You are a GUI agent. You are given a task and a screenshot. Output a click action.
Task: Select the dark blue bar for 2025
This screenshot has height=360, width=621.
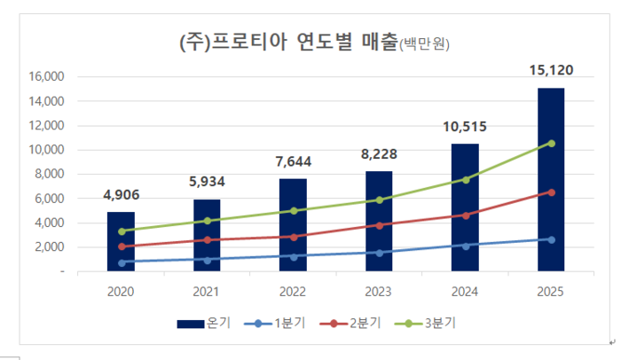(550, 177)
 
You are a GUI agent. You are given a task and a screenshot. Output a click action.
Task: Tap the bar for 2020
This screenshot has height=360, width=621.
(122, 239)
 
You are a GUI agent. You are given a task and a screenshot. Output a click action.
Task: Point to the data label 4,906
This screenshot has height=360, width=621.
(122, 195)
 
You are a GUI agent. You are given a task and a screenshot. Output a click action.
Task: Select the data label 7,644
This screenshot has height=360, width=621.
(294, 161)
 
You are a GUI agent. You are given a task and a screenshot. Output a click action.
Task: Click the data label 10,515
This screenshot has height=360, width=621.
(465, 127)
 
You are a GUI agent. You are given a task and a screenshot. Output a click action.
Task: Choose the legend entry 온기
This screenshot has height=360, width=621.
(204, 323)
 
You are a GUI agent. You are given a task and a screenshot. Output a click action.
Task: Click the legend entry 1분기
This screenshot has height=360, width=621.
(282, 323)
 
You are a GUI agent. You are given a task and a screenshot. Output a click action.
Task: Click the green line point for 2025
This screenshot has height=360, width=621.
(551, 143)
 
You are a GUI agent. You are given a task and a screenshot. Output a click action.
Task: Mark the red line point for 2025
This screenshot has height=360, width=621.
(551, 192)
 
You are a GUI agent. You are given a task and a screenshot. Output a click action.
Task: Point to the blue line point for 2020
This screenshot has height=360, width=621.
(122, 262)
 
